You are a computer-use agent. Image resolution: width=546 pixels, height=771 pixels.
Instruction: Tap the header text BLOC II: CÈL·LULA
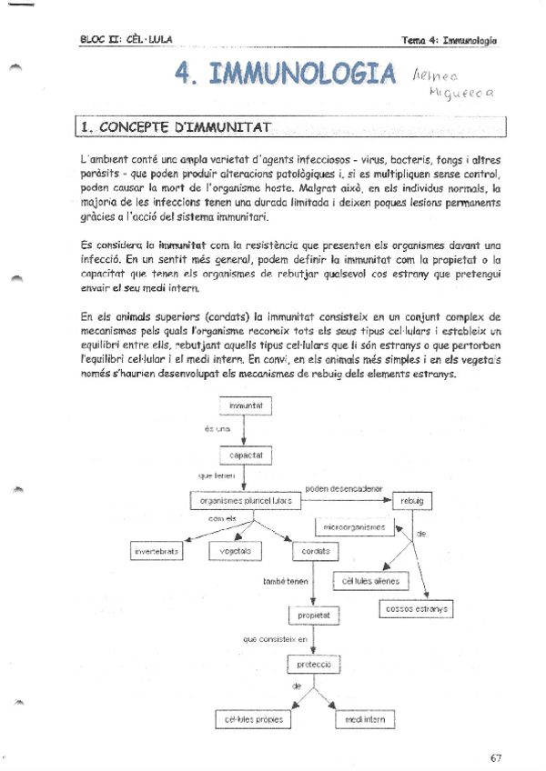click(x=126, y=39)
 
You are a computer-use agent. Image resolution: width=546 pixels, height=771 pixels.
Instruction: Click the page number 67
click(x=495, y=758)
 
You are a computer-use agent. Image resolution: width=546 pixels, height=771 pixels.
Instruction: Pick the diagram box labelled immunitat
click(x=246, y=405)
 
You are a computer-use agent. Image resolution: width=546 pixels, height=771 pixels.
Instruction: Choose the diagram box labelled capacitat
click(x=246, y=454)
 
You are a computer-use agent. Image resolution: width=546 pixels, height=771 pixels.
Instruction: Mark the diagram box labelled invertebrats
click(x=157, y=552)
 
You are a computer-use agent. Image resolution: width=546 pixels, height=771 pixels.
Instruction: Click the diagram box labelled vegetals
click(x=236, y=552)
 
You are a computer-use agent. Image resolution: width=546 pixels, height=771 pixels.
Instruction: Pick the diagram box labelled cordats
click(x=315, y=552)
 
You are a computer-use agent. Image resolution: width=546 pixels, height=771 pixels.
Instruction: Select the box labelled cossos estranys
click(x=413, y=608)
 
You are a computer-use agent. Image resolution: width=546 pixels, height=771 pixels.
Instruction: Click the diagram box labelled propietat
click(x=314, y=616)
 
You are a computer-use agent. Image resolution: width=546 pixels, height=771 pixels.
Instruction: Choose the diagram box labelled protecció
click(x=314, y=666)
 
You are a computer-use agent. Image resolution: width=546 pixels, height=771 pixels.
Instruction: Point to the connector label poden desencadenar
click(x=345, y=488)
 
